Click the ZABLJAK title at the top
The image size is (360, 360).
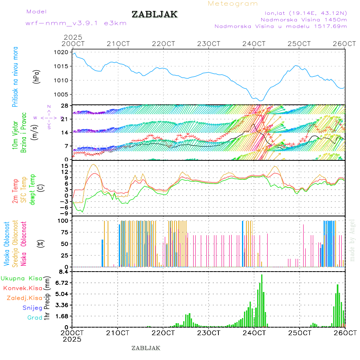pyautogui.click(x=154, y=14)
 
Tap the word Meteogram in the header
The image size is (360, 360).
pyautogui.click(x=233, y=4)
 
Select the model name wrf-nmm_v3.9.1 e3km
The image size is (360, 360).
pyautogui.click(x=76, y=23)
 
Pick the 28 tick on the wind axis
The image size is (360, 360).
pyautogui.click(x=64, y=106)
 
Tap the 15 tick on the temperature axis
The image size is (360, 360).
pyautogui.click(x=64, y=166)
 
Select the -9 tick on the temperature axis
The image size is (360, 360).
pyautogui.click(x=63, y=214)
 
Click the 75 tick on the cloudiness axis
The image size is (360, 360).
pyautogui.click(x=64, y=232)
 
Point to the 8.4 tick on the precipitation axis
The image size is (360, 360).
pyautogui.click(x=63, y=272)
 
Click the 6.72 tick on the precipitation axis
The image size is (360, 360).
pyautogui.click(x=61, y=283)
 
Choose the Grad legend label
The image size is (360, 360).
pyautogui.click(x=34, y=318)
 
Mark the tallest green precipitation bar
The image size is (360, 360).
pyautogui.click(x=262, y=300)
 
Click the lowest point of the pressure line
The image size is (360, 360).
pyautogui.click(x=261, y=100)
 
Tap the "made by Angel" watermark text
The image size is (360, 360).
pyautogui.click(x=352, y=240)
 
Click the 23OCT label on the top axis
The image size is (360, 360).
pyautogui.click(x=209, y=44)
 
